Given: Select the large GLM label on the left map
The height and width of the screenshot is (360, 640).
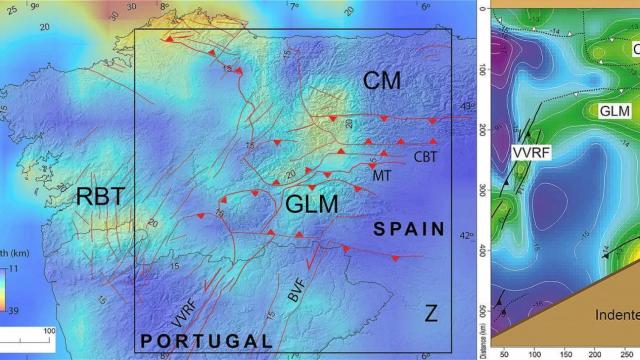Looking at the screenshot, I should point(312,204).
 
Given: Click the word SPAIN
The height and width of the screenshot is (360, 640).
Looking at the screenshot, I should point(409,230).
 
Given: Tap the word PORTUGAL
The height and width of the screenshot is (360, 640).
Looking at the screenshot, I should point(206,341).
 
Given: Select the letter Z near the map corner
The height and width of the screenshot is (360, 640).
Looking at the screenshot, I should point(430,314).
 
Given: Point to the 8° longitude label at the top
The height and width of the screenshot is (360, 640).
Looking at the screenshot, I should point(164,6).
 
